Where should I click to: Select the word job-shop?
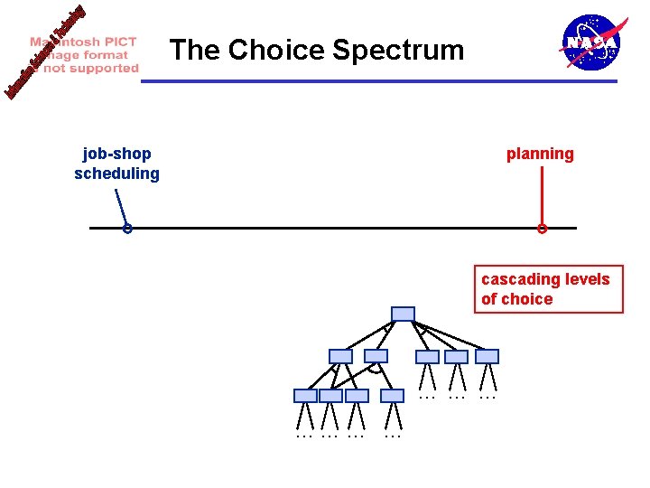(116, 154)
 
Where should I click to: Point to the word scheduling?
(116, 174)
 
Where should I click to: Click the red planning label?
(540, 154)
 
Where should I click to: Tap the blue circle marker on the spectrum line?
(128, 229)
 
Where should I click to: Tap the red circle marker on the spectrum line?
(542, 229)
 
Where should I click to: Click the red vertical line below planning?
(541, 194)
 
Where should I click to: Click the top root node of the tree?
(404, 314)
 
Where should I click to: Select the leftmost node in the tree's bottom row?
(306, 396)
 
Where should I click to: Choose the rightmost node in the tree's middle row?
(487, 356)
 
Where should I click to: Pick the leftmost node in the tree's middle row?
(340, 356)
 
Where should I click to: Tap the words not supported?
(91, 68)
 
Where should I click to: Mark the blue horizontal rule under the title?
(379, 81)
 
